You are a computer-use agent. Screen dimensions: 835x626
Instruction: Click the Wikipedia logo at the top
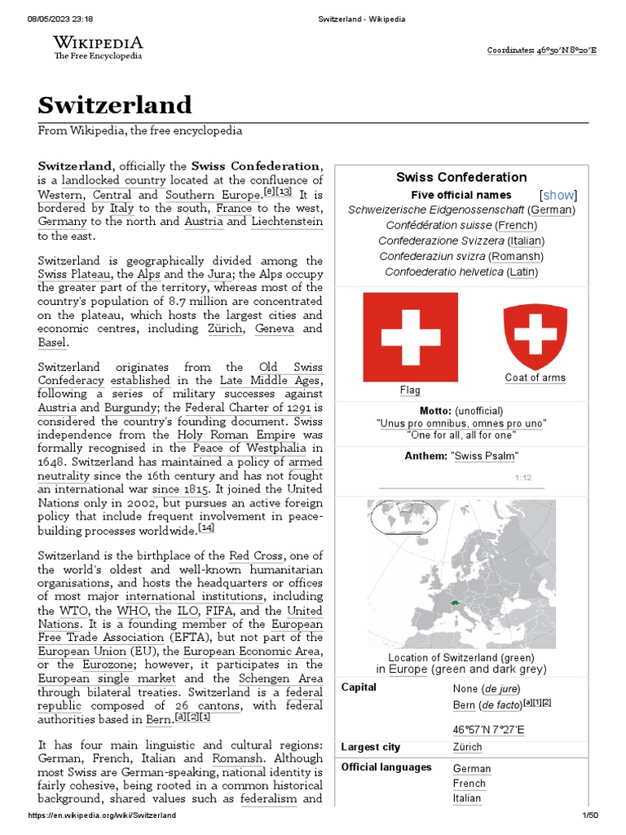[x=98, y=46]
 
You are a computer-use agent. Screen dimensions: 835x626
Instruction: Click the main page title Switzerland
[x=115, y=104]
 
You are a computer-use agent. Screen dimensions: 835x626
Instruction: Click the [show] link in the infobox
[x=558, y=195]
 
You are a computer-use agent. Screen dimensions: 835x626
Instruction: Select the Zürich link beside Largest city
[x=467, y=747]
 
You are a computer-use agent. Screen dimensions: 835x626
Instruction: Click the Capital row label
[x=359, y=687]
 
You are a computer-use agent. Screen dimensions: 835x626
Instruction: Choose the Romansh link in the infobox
[x=518, y=256]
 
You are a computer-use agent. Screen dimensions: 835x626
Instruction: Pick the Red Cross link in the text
[x=256, y=555]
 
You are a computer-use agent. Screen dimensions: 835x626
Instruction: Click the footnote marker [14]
[x=206, y=528]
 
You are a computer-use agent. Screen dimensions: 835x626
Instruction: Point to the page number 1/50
[x=589, y=815]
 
